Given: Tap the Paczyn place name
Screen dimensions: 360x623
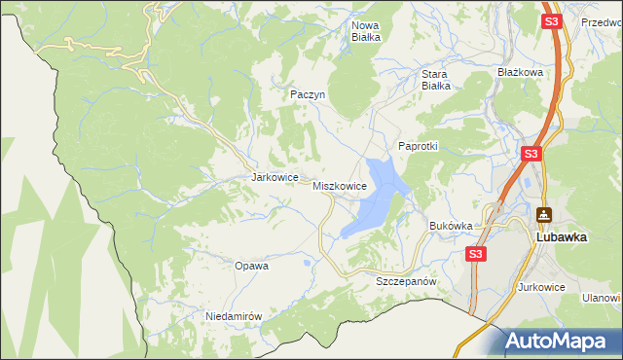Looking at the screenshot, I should (306, 94).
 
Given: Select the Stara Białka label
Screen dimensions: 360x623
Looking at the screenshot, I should (435, 79).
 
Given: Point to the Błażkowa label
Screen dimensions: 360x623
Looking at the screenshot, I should (520, 72).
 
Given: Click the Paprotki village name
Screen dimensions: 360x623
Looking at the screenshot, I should (419, 146).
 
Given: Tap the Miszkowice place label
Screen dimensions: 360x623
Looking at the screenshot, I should (339, 185).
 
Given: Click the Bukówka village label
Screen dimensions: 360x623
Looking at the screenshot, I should (451, 226).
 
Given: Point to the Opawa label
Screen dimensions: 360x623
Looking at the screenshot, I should (251, 265).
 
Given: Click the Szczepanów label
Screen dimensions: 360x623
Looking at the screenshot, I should (405, 280).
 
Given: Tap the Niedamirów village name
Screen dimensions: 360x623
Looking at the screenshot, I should (235, 316).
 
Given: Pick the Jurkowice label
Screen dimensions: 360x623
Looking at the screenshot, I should (542, 287).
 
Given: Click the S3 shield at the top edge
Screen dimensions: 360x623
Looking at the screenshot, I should (552, 20).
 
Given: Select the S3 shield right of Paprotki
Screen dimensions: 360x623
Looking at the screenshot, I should (531, 154).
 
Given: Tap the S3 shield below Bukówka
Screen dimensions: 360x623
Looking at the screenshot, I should (475, 254).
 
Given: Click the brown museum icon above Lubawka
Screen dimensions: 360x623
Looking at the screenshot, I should (543, 214).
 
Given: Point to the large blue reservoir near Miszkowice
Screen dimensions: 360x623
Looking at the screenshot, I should (374, 199).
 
